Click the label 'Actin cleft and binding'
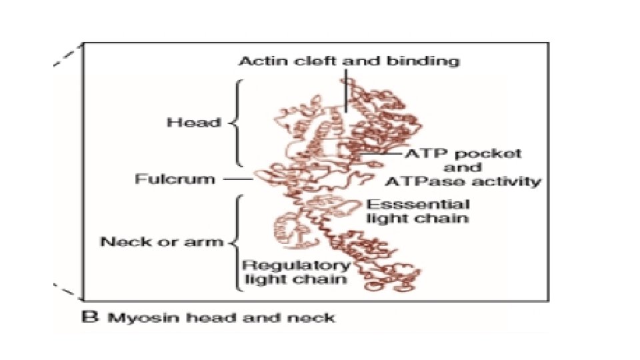(x=349, y=61)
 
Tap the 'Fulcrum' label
(x=175, y=179)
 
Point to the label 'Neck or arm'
(x=161, y=241)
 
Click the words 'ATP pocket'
(x=463, y=153)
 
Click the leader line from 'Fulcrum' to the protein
(x=236, y=179)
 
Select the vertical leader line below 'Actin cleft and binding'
(x=345, y=93)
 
